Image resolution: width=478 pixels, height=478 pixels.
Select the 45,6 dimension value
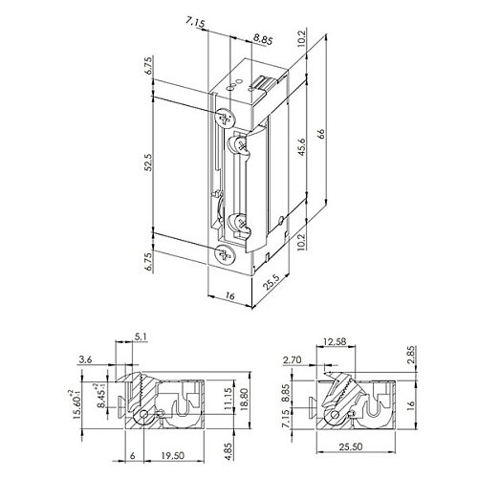(301, 146)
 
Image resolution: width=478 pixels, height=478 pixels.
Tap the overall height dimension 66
(320, 133)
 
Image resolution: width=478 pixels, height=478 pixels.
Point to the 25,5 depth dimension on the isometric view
(272, 282)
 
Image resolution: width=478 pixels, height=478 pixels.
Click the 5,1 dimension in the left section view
(141, 337)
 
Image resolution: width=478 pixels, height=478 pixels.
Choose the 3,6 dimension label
(85, 359)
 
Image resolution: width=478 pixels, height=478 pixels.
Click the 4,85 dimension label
(228, 448)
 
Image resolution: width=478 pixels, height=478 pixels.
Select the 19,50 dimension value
(172, 455)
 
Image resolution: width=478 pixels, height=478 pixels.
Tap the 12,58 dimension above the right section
(334, 341)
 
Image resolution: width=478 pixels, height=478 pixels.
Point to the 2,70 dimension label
(292, 359)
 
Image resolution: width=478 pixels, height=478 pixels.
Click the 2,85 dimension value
(411, 355)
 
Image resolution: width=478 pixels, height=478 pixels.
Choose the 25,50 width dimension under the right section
(351, 446)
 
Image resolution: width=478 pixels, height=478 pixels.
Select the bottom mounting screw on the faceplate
(226, 254)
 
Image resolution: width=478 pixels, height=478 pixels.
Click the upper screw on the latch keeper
(241, 145)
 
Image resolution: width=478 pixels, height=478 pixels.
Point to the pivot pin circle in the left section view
(143, 414)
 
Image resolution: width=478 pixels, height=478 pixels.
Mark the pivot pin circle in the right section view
(335, 415)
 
